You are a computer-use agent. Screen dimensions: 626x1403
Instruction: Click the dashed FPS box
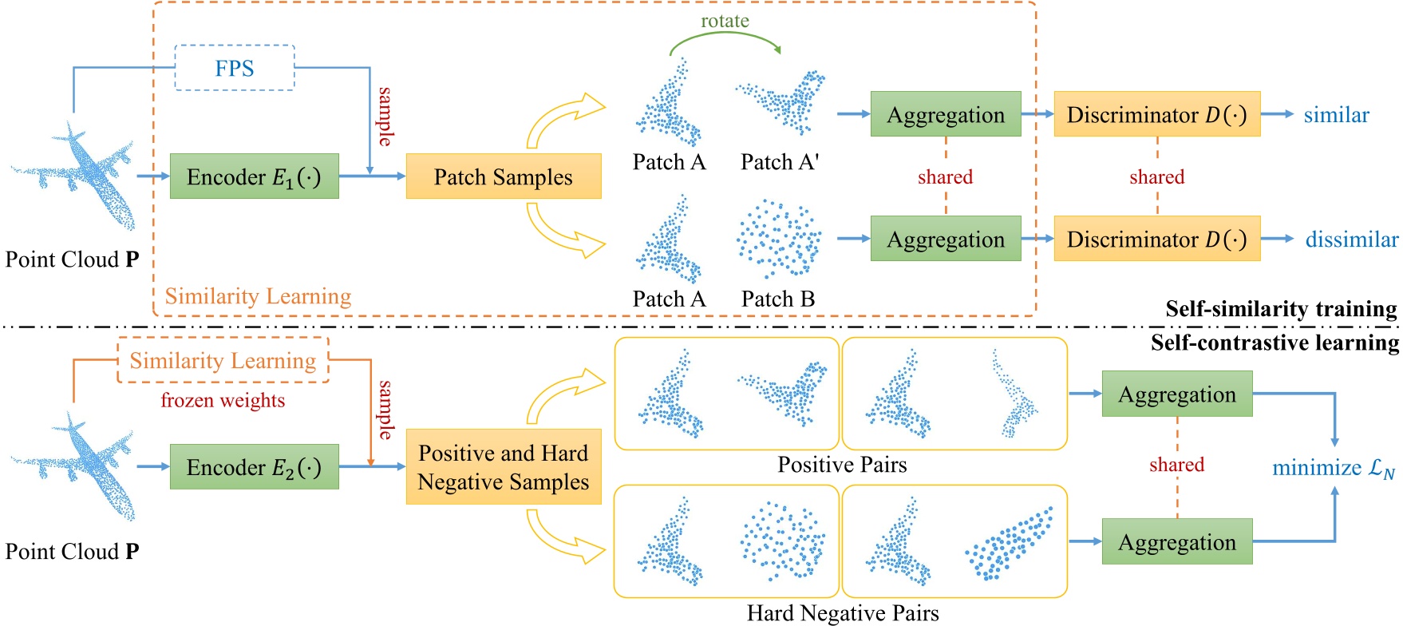coord(235,68)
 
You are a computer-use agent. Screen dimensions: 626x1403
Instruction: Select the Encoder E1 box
coord(254,176)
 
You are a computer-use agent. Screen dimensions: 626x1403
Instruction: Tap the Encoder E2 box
coord(254,467)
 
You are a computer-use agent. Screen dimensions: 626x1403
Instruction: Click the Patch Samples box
coord(503,176)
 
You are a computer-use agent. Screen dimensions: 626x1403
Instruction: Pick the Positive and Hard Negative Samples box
coord(503,467)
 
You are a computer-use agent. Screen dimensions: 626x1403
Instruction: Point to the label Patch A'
coord(780,162)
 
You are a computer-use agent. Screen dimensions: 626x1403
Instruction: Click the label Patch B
coord(778,299)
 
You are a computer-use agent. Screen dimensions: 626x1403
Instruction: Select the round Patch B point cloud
coord(778,239)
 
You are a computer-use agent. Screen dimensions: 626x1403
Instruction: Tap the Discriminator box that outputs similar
coord(1156,114)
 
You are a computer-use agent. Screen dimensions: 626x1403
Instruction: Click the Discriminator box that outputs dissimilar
coord(1156,239)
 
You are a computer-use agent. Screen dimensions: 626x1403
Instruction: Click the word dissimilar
coord(1351,240)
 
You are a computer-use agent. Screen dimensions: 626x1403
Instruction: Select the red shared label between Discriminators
coord(1156,176)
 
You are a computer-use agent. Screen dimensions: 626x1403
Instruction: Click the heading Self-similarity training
coord(1280,309)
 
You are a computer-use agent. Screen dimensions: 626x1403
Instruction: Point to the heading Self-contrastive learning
coord(1274,343)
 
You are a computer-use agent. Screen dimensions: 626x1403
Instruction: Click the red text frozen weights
coord(223,400)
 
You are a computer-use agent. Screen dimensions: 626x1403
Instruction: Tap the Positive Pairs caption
coord(842,465)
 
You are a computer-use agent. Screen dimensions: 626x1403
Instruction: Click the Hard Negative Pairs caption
coord(842,612)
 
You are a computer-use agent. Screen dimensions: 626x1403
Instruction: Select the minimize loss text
coord(1333,468)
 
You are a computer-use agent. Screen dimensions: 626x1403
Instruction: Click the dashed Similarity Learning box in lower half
coord(223,360)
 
